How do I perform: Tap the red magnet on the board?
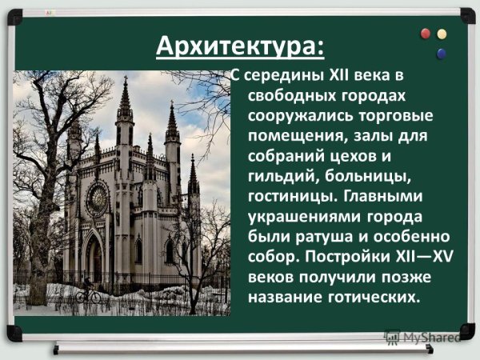coord(426,34)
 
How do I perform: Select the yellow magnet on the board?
coord(441,34)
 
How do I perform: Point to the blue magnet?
coord(440,54)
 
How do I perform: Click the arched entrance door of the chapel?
coord(94,259)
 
